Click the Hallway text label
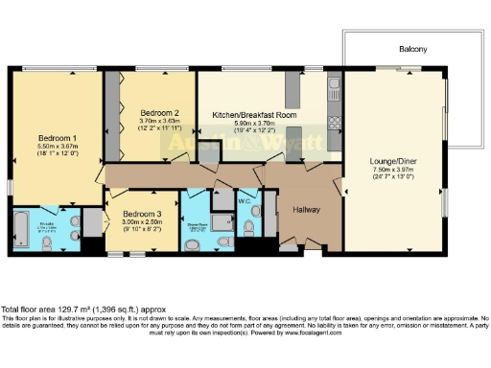pyautogui.click(x=306, y=209)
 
